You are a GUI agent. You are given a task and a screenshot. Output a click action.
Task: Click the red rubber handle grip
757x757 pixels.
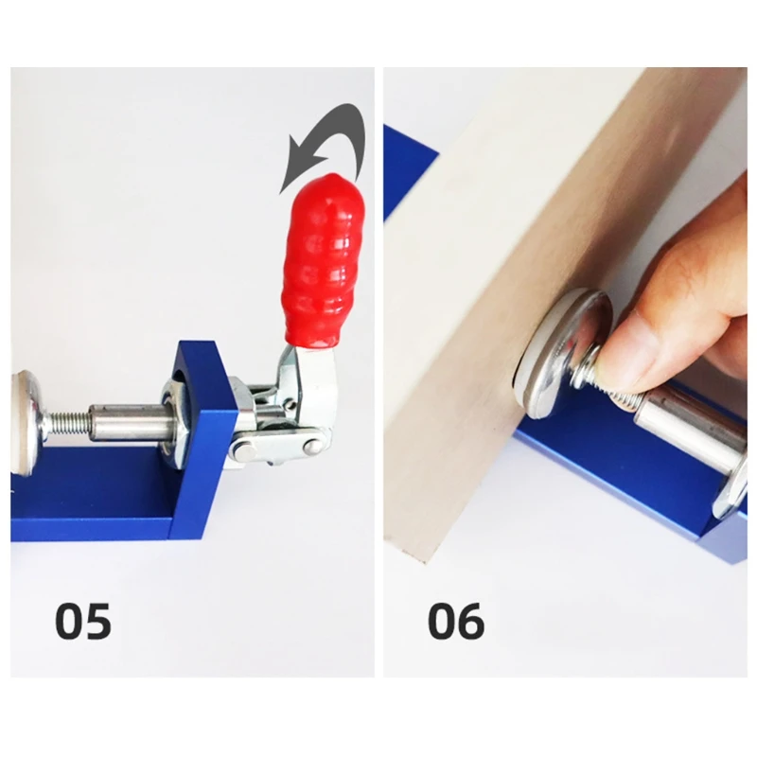click(x=324, y=261)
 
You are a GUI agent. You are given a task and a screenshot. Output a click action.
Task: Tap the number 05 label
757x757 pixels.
click(x=83, y=621)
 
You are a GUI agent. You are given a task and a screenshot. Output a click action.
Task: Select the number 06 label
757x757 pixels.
click(x=456, y=621)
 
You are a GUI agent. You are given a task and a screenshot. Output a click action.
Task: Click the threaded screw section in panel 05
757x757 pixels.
click(x=67, y=423)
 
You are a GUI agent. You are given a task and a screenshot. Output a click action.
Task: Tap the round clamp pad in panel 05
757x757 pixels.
click(x=25, y=421)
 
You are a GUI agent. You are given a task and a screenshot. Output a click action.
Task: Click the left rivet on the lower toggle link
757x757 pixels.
click(x=243, y=450)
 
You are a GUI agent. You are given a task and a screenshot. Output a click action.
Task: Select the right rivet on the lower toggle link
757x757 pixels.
click(x=314, y=447)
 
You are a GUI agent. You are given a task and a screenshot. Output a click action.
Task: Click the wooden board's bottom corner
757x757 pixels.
click(x=425, y=563)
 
